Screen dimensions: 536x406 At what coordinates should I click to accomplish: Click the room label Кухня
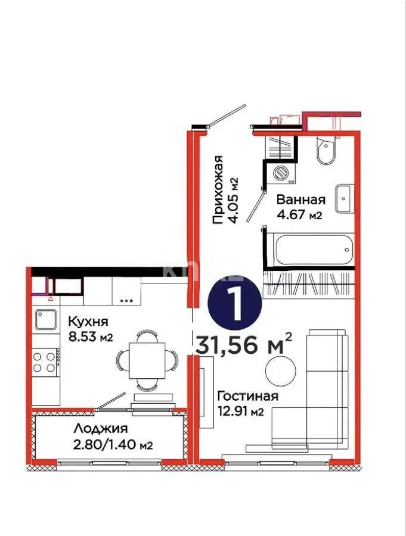(87, 322)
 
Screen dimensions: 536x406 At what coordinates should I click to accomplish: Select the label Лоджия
(101, 428)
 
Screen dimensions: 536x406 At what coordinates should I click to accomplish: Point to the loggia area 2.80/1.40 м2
(110, 444)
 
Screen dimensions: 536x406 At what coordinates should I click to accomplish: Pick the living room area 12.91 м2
(241, 412)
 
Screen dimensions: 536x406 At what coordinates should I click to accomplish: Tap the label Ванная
(300, 200)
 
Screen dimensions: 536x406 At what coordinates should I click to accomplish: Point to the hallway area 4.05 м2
(234, 200)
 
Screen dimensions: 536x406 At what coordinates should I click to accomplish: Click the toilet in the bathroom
(325, 151)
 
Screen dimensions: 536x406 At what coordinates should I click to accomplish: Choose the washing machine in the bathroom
(279, 172)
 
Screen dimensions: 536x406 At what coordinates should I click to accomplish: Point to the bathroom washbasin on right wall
(345, 198)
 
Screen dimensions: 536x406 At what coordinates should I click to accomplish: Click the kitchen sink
(45, 319)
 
